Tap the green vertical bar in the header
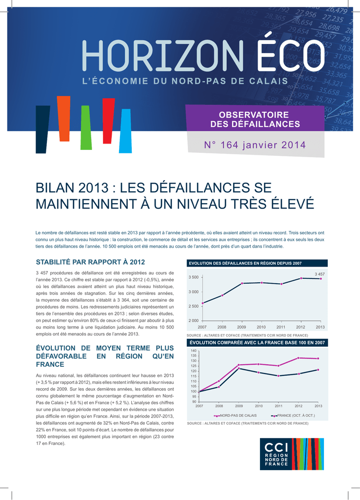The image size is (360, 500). (x=86, y=127)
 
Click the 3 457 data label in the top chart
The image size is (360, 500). (x=320, y=274)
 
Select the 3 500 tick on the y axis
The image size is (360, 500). (x=193, y=277)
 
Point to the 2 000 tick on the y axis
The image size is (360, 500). (x=193, y=320)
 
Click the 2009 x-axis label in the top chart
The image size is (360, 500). (x=241, y=327)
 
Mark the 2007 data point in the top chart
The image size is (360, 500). (x=202, y=303)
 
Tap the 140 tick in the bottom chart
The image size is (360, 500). (x=194, y=351)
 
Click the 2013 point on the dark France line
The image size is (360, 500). (x=318, y=370)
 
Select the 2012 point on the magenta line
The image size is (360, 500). (x=299, y=358)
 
